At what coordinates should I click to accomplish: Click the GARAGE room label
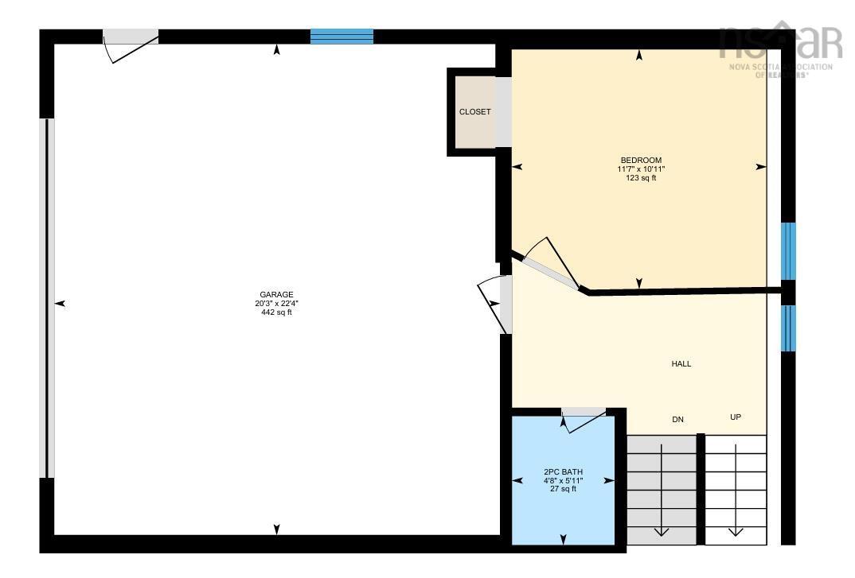pyautogui.click(x=276, y=294)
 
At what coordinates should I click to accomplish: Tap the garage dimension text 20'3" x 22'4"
pyautogui.click(x=276, y=304)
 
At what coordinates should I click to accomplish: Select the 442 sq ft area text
pyautogui.click(x=276, y=312)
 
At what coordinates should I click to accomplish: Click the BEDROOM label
pyautogui.click(x=641, y=160)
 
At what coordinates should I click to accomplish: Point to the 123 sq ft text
pyautogui.click(x=641, y=178)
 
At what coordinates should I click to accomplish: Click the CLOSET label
pyautogui.click(x=474, y=112)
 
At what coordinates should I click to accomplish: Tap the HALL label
pyautogui.click(x=681, y=364)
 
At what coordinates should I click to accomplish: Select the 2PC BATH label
pyautogui.click(x=563, y=471)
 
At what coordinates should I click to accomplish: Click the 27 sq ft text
pyautogui.click(x=563, y=489)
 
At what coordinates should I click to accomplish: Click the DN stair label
pyautogui.click(x=677, y=419)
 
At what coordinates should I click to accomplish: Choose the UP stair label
pyautogui.click(x=736, y=417)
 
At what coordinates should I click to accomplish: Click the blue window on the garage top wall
pyautogui.click(x=342, y=36)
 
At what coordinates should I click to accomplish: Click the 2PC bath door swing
pyautogui.click(x=584, y=419)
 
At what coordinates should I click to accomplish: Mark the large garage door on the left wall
pyautogui.click(x=48, y=298)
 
